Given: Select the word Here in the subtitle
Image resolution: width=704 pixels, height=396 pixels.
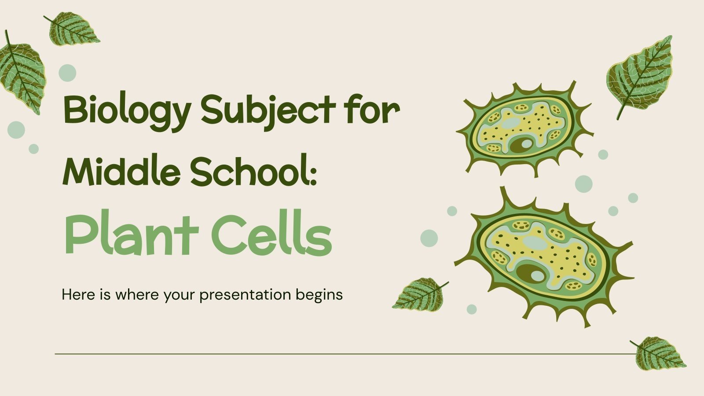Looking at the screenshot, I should [x=79, y=294].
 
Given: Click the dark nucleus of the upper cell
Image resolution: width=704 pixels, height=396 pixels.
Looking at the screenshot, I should [x=521, y=145].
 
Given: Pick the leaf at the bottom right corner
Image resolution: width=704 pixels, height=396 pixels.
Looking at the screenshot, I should [x=659, y=352].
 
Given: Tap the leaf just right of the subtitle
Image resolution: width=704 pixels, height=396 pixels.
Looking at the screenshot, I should [x=419, y=294].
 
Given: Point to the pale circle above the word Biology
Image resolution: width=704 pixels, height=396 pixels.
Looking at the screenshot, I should [x=67, y=73].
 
